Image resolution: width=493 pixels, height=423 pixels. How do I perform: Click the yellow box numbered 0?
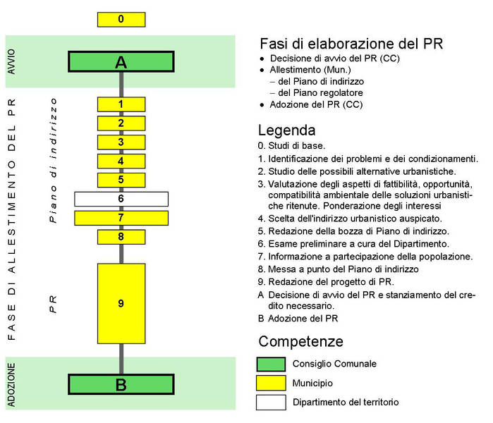(x=121, y=20)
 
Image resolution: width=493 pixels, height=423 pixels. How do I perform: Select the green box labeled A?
(x=121, y=61)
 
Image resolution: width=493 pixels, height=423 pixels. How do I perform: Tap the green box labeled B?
(x=121, y=384)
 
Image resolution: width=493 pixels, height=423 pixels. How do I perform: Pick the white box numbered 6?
(x=121, y=199)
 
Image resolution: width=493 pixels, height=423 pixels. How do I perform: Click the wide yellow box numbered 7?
(x=121, y=218)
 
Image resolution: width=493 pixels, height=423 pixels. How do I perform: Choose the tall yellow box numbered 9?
(x=121, y=303)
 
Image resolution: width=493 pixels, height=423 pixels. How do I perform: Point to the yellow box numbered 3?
(x=121, y=142)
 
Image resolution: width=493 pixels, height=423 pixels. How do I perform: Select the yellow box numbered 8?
(x=121, y=237)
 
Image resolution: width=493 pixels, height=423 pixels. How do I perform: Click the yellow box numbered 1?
(x=121, y=104)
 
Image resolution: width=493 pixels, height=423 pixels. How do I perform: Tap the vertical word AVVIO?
(x=11, y=61)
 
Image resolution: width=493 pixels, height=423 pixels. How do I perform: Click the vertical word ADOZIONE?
(x=11, y=385)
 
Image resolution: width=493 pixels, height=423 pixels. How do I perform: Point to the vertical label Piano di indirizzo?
(x=54, y=160)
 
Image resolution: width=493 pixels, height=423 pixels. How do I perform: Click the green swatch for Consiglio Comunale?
(x=271, y=364)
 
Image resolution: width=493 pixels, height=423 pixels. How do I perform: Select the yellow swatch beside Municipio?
(x=271, y=383)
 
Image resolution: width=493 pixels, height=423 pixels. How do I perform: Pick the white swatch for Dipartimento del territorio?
(x=271, y=403)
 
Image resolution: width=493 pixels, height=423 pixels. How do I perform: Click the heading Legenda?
(x=286, y=130)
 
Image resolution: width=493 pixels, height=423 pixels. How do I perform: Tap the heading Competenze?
(x=301, y=342)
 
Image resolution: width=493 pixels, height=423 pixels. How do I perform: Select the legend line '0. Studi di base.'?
(x=291, y=146)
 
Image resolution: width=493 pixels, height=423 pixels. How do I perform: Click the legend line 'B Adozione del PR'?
(x=298, y=319)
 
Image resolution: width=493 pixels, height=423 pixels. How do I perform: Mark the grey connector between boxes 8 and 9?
(x=121, y=254)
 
